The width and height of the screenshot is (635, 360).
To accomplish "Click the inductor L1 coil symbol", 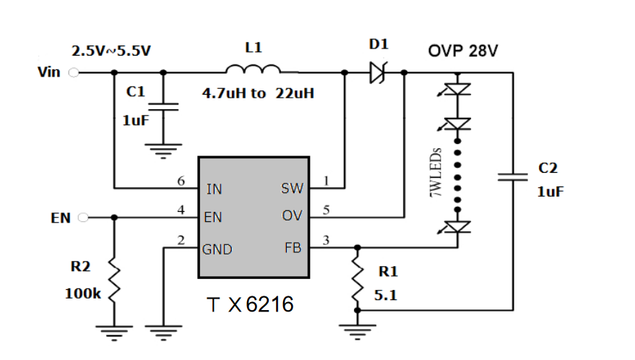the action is coord(253,69).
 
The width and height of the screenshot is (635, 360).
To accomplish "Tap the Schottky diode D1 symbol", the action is coord(379,72).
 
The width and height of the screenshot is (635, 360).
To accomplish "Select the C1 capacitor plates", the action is coord(163,106).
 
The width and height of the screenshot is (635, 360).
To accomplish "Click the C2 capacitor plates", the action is coord(513,177).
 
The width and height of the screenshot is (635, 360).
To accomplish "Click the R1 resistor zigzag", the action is coord(357,280).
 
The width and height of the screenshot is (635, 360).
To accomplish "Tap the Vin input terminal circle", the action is coord(74,72).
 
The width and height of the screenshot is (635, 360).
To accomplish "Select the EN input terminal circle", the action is coord(83,218).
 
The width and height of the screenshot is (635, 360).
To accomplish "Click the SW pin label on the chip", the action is coord(292,189).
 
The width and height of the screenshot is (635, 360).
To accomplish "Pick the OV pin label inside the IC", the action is coord(292,215).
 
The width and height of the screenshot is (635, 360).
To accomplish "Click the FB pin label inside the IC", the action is coord(293,248).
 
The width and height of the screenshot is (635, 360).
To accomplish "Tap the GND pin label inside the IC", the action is coord(217,249).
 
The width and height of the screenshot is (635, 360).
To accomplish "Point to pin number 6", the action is coord(181,181).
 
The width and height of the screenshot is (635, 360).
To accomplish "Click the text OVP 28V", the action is coord(463,51).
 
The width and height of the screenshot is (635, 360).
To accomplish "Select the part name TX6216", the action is coord(250,304).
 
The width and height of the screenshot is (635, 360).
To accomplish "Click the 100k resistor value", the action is coord(82,293).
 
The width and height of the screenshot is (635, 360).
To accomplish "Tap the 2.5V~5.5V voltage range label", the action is coord(111,51).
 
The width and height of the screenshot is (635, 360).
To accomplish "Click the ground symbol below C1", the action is coord(163,151).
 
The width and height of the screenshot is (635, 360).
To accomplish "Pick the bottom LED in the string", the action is coord(455,227).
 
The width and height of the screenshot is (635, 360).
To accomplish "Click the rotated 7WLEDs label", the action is coord(436,172).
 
